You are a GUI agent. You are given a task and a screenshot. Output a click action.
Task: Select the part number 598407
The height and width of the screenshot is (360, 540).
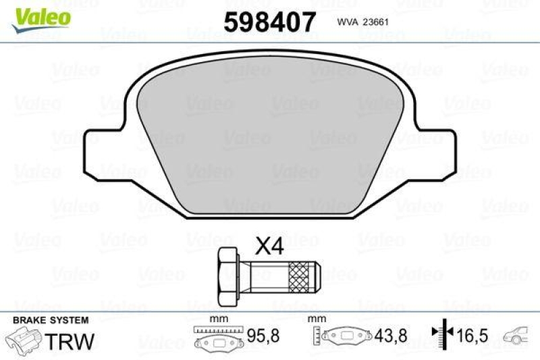click(x=269, y=23)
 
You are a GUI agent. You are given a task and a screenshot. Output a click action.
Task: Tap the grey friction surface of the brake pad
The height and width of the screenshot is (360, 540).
click(x=269, y=128)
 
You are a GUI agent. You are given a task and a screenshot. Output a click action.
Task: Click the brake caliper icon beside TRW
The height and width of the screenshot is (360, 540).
click(x=23, y=338)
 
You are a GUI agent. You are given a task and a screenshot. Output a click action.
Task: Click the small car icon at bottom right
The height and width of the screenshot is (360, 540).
click(x=518, y=336)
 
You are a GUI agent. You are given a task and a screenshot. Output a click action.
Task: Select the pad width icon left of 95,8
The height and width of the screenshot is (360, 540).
click(x=218, y=337)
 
